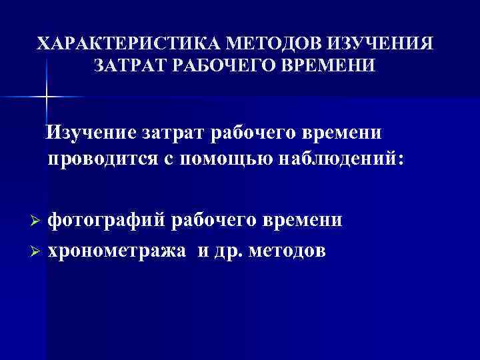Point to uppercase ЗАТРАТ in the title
point(129,66)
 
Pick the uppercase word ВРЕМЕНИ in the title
point(327,66)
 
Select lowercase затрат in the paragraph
point(174,133)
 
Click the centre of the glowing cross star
point(47,97)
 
